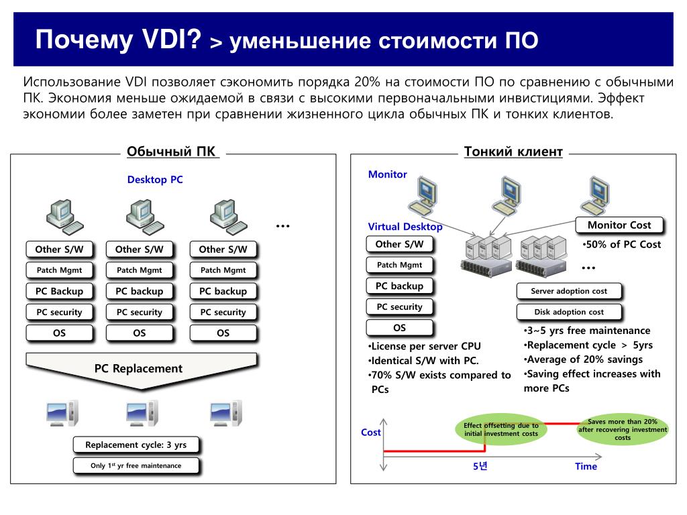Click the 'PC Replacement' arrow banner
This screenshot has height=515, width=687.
138,368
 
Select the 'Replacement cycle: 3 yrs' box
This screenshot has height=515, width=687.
136,445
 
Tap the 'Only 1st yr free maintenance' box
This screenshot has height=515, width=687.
136,465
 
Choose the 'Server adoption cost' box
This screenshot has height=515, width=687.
568,291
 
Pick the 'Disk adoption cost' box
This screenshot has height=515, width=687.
568,312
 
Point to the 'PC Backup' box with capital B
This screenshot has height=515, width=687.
60,291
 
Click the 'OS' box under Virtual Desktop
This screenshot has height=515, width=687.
399,328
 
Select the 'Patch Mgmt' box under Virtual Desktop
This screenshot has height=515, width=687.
399,265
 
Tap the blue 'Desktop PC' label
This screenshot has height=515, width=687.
155,180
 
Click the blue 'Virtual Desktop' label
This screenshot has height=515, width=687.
405,227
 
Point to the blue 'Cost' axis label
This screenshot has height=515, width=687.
371,433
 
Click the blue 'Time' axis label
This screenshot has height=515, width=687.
586,467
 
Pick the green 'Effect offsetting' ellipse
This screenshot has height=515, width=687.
501,429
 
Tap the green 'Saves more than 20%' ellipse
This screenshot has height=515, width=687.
622,429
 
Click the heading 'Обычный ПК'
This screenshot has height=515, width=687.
172,152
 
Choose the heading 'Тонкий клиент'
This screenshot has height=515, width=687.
513,152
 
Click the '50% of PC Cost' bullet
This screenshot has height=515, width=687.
622,244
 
